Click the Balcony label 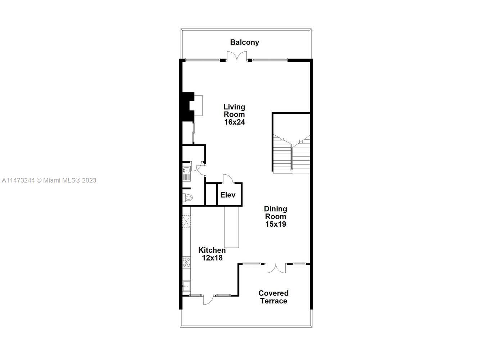click(x=245, y=42)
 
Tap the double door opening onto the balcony click(x=237, y=57)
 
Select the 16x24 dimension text click(x=235, y=122)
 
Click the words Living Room click(x=234, y=111)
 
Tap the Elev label click(x=228, y=195)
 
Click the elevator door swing click(x=228, y=179)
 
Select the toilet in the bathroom click(x=187, y=197)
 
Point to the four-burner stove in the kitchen click(x=186, y=262)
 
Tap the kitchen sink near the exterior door click(x=186, y=286)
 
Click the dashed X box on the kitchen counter click(x=186, y=221)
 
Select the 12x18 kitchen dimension click(x=212, y=258)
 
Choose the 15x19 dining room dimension click(x=276, y=224)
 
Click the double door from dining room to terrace click(x=276, y=268)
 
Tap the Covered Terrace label click(x=273, y=297)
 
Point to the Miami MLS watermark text click(x=49, y=180)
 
